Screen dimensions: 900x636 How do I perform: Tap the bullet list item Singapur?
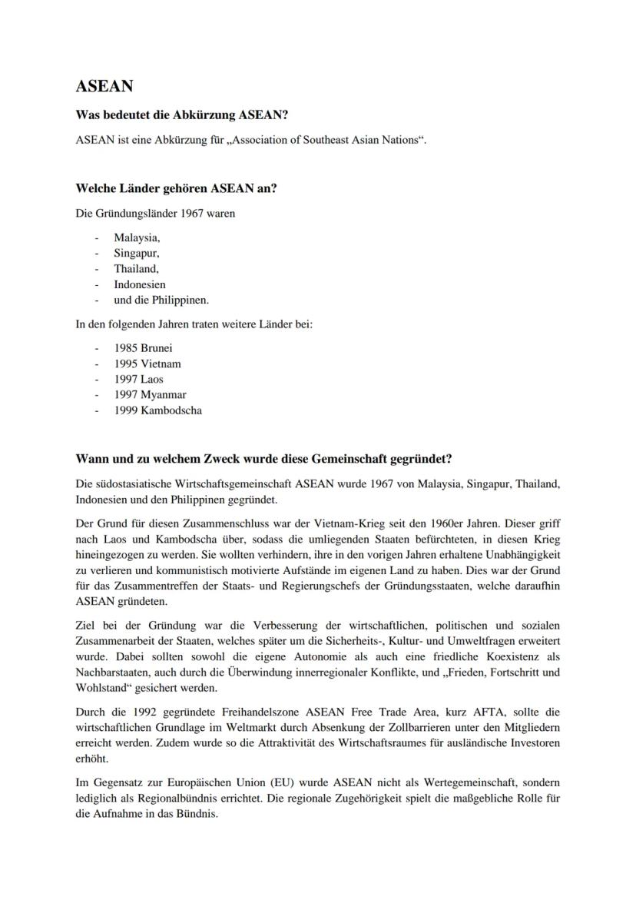point(137,253)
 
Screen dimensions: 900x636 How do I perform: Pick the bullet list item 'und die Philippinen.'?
point(161,300)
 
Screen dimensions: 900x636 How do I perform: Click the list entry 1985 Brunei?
point(143,348)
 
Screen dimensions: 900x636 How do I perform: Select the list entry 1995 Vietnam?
point(147,364)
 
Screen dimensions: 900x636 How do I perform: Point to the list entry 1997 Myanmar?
point(151,395)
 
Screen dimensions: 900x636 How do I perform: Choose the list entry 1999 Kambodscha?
point(158,410)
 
